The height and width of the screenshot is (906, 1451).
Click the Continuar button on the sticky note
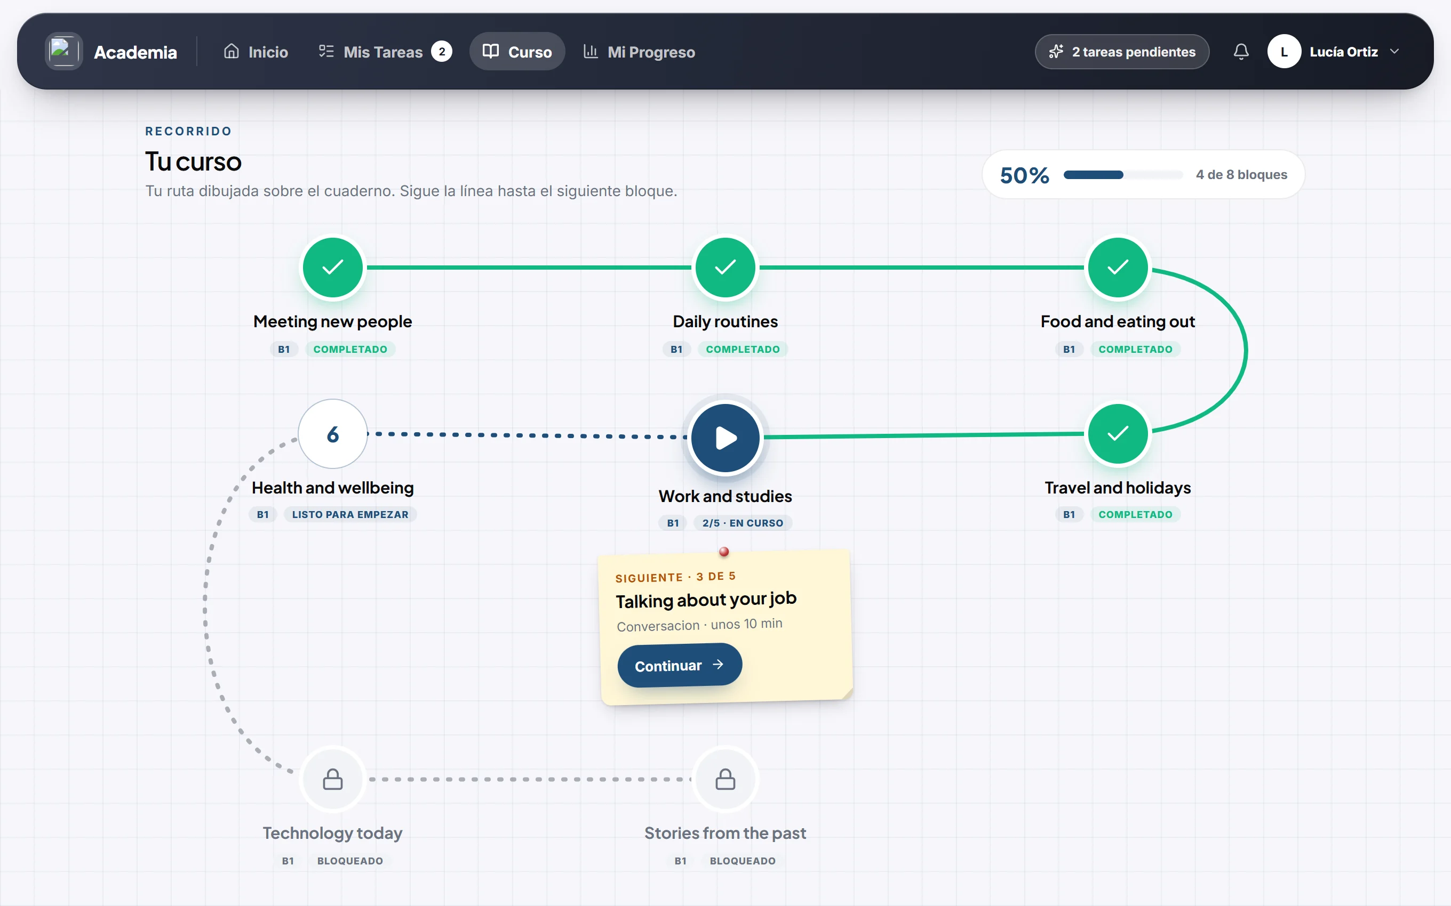(679, 665)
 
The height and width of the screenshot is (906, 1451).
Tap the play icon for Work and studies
(725, 438)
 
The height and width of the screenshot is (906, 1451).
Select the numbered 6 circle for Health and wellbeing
(333, 434)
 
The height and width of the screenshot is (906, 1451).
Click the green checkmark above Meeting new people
(333, 267)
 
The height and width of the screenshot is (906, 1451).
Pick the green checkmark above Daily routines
(725, 267)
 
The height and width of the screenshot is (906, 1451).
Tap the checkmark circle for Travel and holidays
(1118, 433)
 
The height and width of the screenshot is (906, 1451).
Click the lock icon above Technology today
(333, 780)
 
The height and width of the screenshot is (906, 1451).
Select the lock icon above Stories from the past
(725, 780)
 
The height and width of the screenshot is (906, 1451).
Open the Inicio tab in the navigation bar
(256, 52)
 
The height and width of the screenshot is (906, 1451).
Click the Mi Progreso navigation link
(639, 52)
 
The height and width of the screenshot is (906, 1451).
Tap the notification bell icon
(1241, 52)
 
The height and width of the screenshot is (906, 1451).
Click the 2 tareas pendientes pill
(1122, 52)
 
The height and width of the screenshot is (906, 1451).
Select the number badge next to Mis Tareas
(442, 52)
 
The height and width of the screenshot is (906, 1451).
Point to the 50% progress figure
(1025, 175)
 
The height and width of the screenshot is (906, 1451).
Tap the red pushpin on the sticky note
(724, 551)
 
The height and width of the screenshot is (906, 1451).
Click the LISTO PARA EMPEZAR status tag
(350, 515)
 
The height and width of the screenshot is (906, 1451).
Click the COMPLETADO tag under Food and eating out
(1135, 349)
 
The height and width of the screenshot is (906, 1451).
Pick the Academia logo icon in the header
(63, 52)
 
